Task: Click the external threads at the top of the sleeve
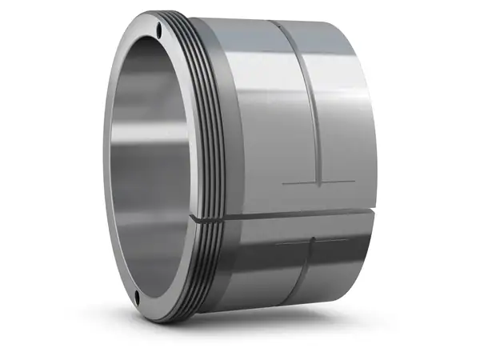[192, 32]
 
